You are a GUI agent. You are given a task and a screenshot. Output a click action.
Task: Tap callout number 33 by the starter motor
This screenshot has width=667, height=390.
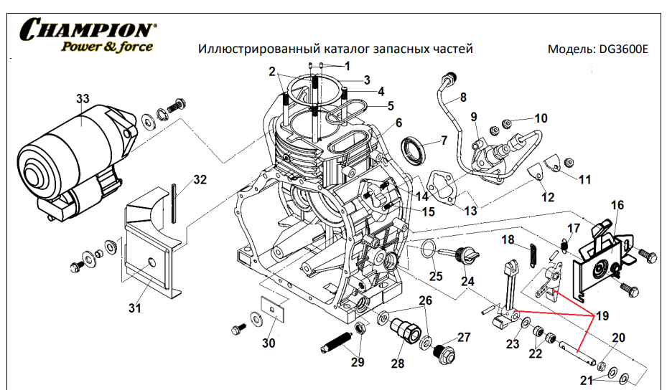click(83, 98)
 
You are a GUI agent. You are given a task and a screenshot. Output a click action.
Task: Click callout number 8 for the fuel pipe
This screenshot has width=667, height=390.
click(463, 97)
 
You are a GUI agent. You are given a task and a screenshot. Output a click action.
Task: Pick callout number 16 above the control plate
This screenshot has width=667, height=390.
click(617, 205)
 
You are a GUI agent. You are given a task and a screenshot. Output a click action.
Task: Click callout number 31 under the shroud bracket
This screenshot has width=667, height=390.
click(135, 308)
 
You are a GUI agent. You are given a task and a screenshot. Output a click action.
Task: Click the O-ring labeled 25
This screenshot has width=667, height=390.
click(426, 249)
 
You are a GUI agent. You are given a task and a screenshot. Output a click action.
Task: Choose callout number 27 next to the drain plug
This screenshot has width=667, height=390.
click(464, 338)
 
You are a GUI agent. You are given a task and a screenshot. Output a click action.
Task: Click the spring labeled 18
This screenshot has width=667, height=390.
click(533, 255)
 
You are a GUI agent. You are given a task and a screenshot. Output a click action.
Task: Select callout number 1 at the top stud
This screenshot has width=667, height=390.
click(348, 66)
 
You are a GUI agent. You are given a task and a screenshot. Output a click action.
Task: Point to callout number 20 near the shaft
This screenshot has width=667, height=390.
click(618, 338)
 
